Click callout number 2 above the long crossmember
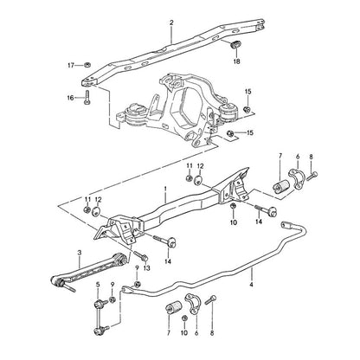[171, 22]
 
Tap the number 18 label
[236, 61]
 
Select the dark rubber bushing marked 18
[236, 45]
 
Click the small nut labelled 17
[87, 66]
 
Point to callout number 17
[71, 66]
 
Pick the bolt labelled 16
[87, 98]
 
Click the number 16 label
[71, 98]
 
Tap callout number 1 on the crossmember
[165, 189]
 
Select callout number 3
[80, 253]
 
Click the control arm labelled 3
[88, 270]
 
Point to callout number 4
[252, 285]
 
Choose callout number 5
[98, 285]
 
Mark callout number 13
[147, 268]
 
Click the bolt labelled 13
[141, 255]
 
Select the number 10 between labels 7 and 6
[184, 333]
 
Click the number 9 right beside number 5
[112, 285]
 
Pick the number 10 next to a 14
[234, 222]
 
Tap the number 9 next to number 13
[137, 268]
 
